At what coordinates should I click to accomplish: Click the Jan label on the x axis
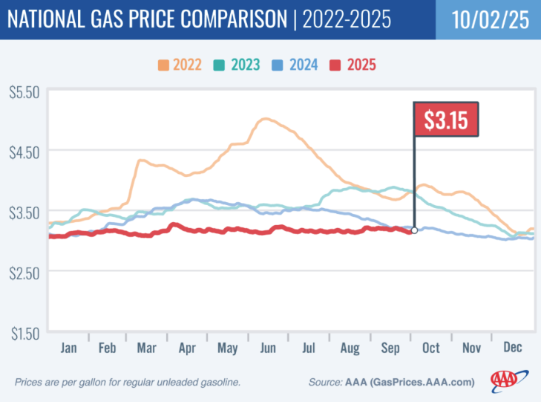point(68,347)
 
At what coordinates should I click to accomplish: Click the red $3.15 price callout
point(447,119)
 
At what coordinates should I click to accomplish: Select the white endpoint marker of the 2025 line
point(414,230)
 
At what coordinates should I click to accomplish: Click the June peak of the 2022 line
point(266,119)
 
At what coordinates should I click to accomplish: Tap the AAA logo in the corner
point(508,380)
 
